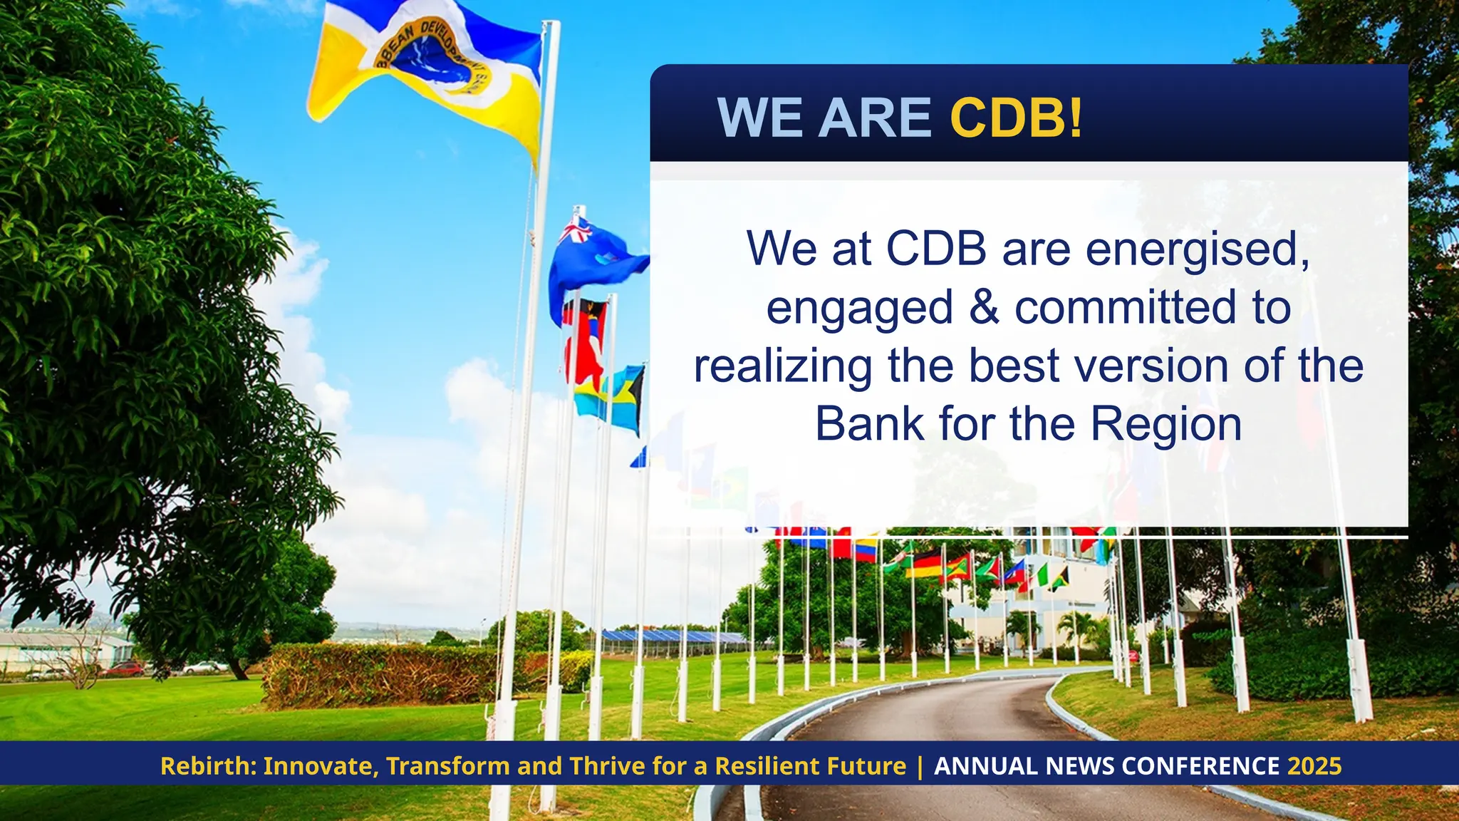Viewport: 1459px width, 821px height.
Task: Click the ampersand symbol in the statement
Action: (x=984, y=307)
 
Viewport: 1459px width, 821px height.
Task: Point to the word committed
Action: (x=1125, y=307)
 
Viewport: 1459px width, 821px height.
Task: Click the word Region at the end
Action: (x=1166, y=424)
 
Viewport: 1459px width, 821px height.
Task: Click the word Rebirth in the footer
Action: (x=207, y=766)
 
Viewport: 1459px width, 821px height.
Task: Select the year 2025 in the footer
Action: (x=1314, y=766)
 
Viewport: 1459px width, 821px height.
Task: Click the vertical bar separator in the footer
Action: (x=920, y=766)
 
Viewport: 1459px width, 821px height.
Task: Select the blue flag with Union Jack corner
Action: (x=591, y=264)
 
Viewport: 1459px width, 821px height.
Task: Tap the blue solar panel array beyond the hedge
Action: (x=670, y=636)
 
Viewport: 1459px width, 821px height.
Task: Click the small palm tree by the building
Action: (x=1022, y=627)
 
